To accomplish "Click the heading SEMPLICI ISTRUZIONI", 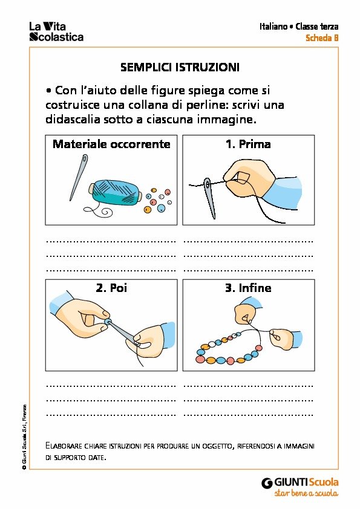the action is pyautogui.click(x=180, y=67).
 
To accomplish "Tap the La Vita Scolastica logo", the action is pyautogui.click(x=56, y=31).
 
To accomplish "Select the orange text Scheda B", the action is pyautogui.click(x=322, y=38).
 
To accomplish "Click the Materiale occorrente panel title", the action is pyautogui.click(x=111, y=144).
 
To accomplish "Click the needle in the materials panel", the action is pyautogui.click(x=79, y=177).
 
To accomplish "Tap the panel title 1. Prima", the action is pyautogui.click(x=248, y=144).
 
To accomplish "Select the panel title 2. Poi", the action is pyautogui.click(x=111, y=288).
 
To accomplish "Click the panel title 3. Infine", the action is pyautogui.click(x=248, y=288).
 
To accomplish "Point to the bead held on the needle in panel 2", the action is pyautogui.click(x=108, y=322).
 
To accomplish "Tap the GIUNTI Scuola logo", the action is pyautogui.click(x=300, y=482).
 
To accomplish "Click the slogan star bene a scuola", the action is pyautogui.click(x=306, y=493).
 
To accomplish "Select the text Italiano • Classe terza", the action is pyautogui.click(x=299, y=26).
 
